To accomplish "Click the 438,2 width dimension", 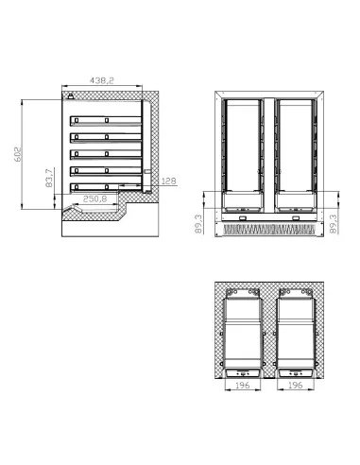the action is [x=102, y=80].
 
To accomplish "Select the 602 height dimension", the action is [x=18, y=154].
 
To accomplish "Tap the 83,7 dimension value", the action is [x=49, y=178].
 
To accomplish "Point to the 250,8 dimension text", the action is [x=95, y=199].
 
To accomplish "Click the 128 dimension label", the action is [x=169, y=181].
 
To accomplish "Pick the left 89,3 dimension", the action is [x=198, y=224].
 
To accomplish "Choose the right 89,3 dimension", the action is [x=334, y=224].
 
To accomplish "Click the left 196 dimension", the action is [x=242, y=385].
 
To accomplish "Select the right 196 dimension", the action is [x=295, y=385].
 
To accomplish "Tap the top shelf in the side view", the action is [x=106, y=121].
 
